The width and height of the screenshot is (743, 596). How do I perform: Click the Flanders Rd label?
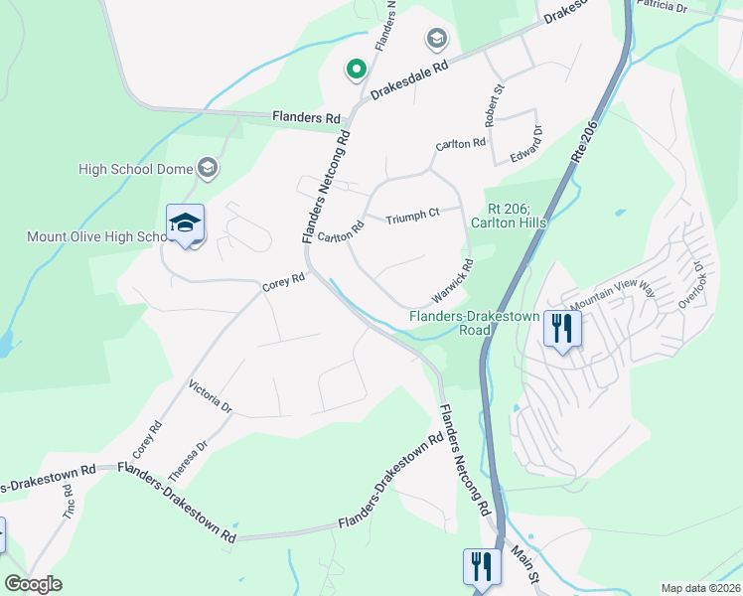click(306, 117)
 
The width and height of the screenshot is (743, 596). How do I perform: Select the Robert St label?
click(495, 99)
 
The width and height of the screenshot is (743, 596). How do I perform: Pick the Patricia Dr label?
click(662, 6)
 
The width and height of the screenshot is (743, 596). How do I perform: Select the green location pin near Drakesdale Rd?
click(355, 70)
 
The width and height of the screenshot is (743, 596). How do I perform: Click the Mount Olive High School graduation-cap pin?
click(185, 224)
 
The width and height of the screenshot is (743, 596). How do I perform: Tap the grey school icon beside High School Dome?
click(208, 168)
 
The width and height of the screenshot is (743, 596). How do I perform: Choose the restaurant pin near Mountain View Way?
click(562, 328)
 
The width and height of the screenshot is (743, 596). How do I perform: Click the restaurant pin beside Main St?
click(482, 568)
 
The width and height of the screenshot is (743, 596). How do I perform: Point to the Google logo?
click(34, 584)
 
